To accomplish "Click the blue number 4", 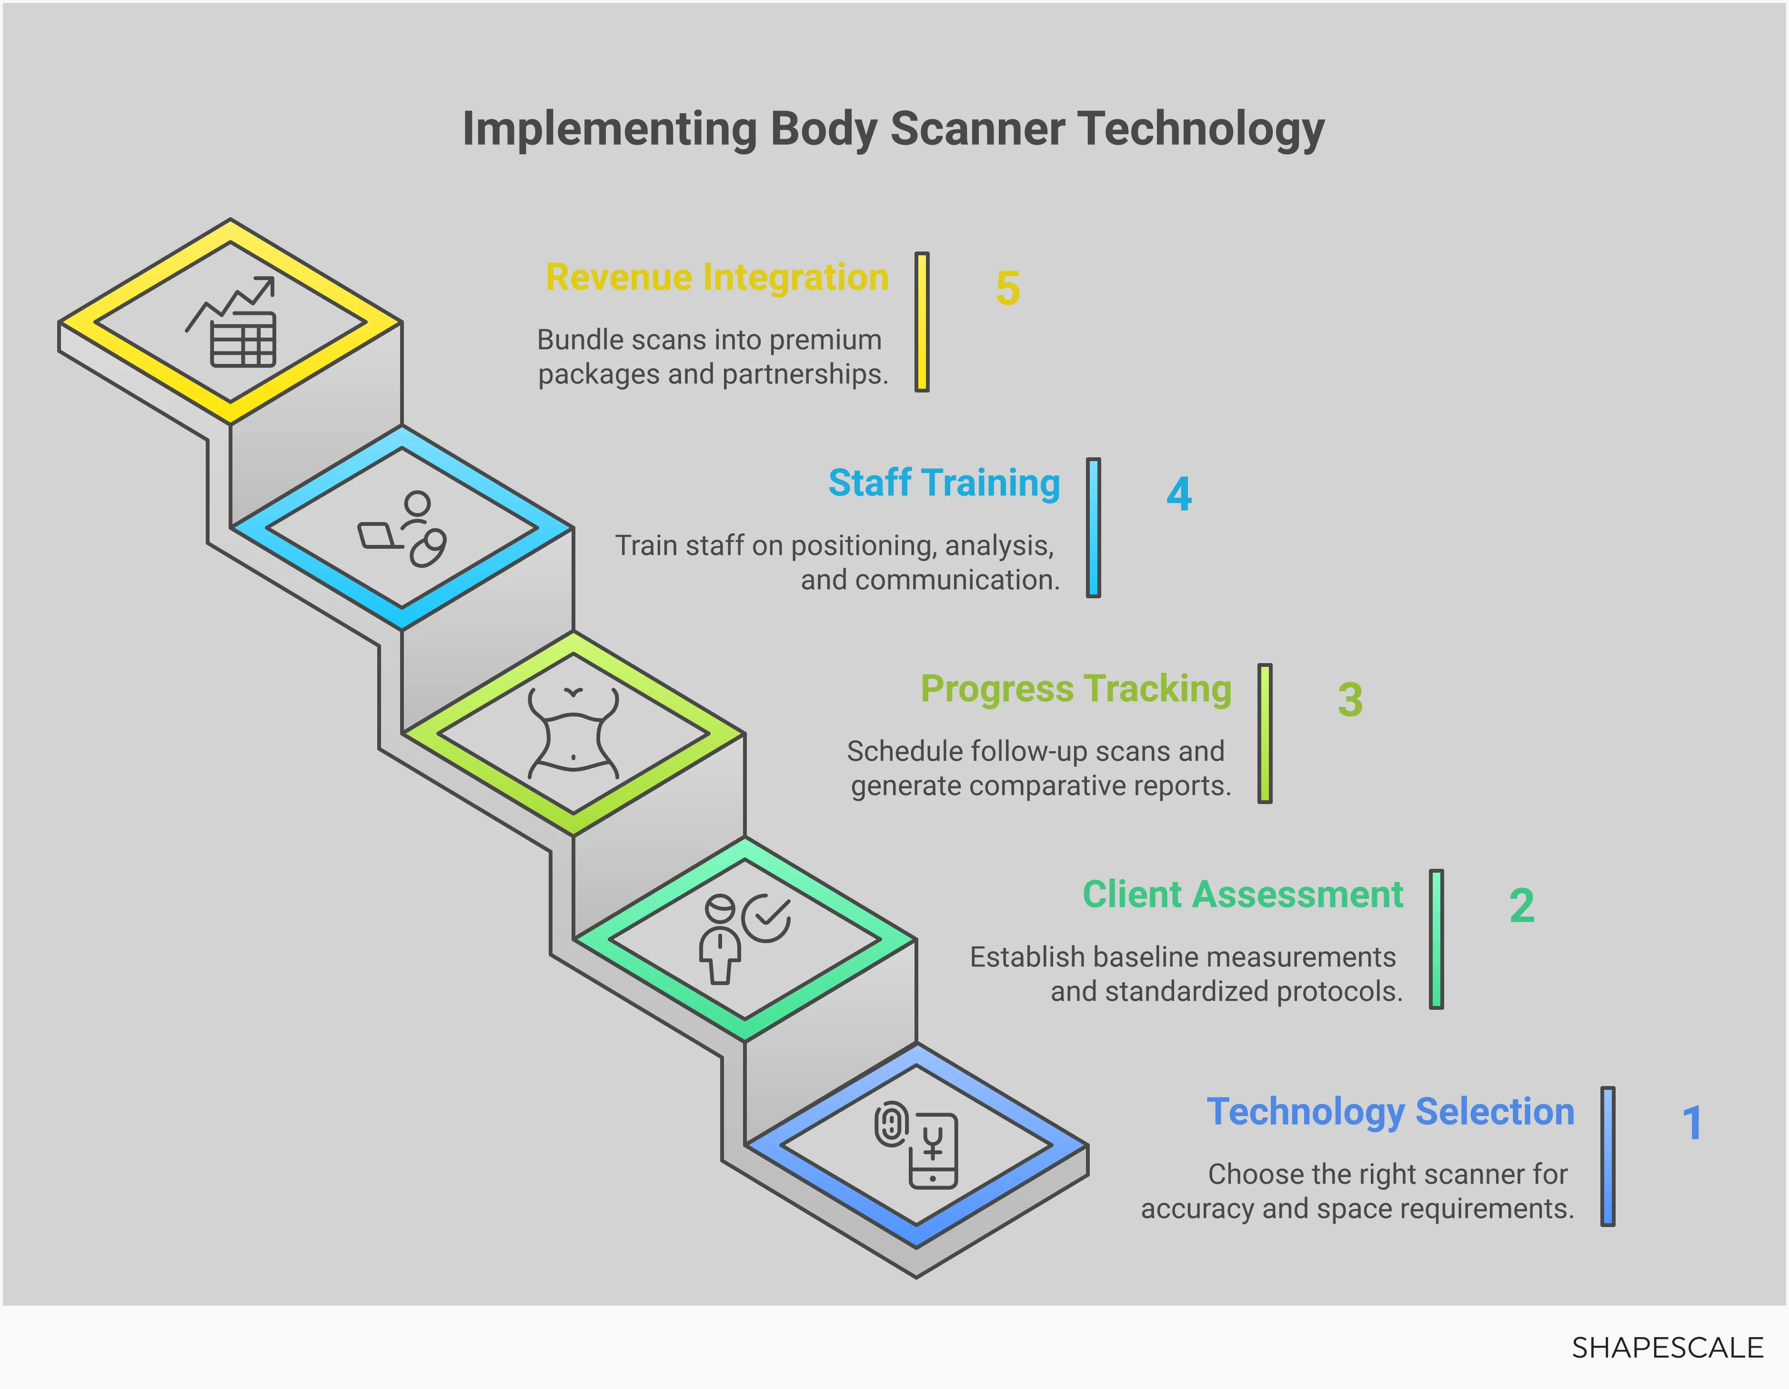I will click(x=1179, y=494).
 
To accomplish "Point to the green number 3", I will click(x=1350, y=700).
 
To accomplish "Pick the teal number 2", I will click(x=1521, y=906).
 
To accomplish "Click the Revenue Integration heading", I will click(x=717, y=277).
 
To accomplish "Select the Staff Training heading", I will click(x=944, y=483).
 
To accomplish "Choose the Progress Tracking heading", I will click(x=1075, y=689).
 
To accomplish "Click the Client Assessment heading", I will click(x=1243, y=895).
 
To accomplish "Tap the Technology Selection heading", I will click(x=1390, y=1111).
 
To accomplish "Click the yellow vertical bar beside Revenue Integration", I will click(x=922, y=322).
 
